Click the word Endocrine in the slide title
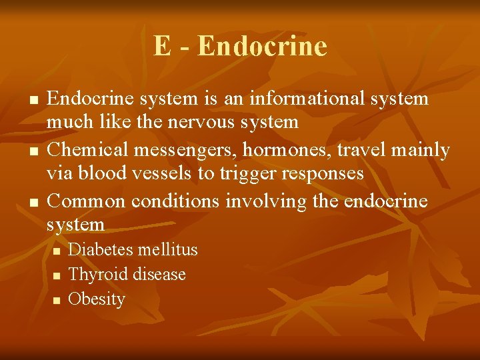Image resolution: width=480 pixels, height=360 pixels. [x=262, y=47]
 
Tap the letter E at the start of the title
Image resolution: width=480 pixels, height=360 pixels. [x=162, y=47]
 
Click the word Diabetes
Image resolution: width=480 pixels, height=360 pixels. [x=100, y=250]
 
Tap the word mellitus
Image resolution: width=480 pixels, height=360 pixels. [x=167, y=250]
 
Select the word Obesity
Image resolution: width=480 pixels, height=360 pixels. [x=97, y=299]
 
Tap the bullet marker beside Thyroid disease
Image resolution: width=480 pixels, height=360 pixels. [x=57, y=275]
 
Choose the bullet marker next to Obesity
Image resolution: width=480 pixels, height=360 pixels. [x=57, y=300]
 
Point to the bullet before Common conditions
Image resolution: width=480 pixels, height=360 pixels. [x=32, y=202]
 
